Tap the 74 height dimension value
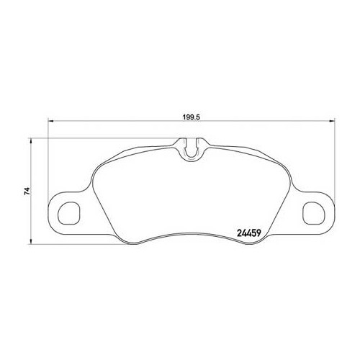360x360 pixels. pos(25,191)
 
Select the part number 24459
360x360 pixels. pos(251,232)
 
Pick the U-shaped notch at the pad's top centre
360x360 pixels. pos(191,149)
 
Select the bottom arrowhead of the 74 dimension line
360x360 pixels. pos(32,242)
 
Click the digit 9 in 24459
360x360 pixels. pos(264,232)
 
